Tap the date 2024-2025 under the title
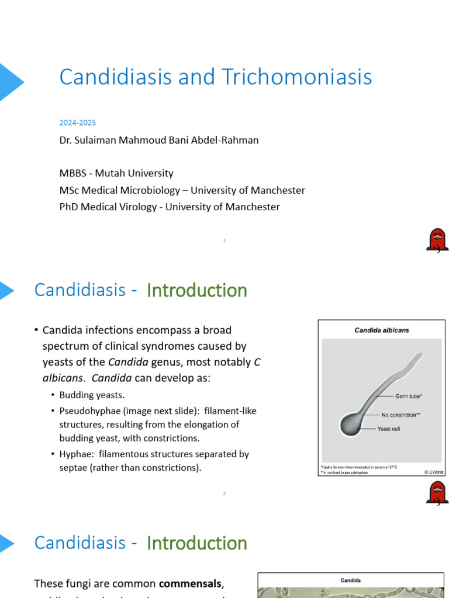tap(77, 123)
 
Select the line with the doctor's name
tap(159, 140)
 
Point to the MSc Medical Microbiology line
tap(182, 190)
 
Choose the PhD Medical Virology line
tap(170, 207)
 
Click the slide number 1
tap(224, 240)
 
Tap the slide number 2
tap(224, 493)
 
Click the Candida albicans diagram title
tap(381, 331)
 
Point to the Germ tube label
tap(409, 396)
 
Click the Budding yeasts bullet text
tap(92, 395)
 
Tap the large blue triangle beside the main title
tap(10, 82)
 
